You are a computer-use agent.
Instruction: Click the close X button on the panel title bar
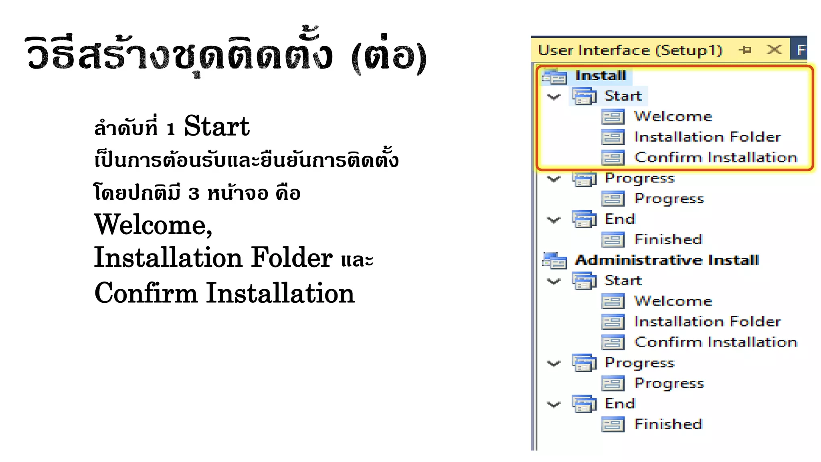point(774,50)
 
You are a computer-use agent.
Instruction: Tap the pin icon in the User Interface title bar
point(745,50)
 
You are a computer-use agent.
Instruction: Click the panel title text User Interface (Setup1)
point(630,50)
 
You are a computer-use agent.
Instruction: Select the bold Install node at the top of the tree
point(601,75)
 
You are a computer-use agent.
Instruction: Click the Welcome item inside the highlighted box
point(673,116)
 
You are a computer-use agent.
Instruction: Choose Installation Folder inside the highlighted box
point(708,137)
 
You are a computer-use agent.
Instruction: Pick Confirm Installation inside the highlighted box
point(716,158)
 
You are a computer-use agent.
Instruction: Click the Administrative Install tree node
point(667,260)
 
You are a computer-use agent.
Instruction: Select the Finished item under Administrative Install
point(668,424)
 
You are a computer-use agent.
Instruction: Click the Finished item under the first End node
point(668,239)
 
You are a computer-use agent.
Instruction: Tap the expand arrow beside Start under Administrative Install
point(554,281)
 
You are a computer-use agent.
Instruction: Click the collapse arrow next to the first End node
point(554,219)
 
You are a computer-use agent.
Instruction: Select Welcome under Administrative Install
point(673,301)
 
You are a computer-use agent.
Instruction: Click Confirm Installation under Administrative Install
point(716,342)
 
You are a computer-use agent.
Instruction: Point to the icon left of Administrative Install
point(554,261)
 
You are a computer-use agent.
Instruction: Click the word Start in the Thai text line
point(216,126)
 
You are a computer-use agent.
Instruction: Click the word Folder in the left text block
point(292,257)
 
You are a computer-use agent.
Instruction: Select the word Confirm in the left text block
point(146,293)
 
